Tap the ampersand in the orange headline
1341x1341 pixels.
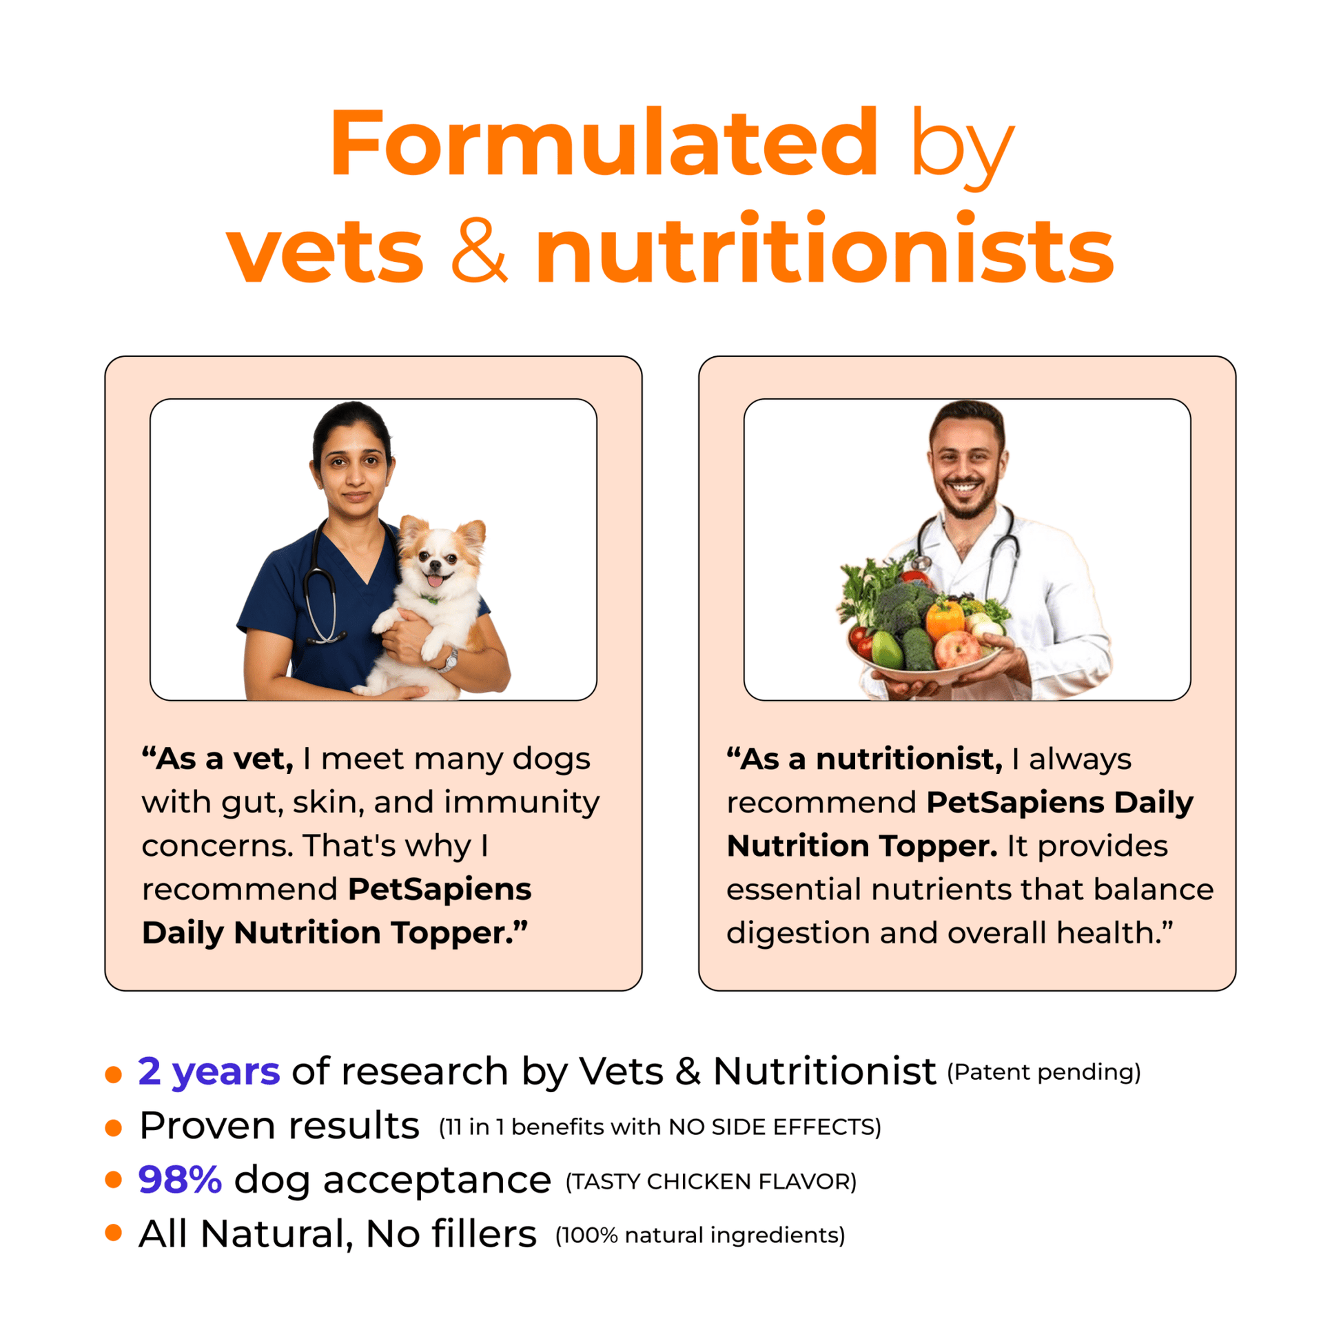pyautogui.click(x=480, y=250)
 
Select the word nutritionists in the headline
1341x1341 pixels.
pyautogui.click(x=825, y=248)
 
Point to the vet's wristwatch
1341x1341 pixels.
pyautogui.click(x=449, y=660)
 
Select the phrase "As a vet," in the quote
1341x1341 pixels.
pyautogui.click(x=218, y=759)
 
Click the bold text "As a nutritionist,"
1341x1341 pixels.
pyautogui.click(x=865, y=759)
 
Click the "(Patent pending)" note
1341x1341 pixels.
pyautogui.click(x=1044, y=1072)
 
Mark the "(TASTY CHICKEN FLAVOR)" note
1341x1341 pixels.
pyautogui.click(x=711, y=1181)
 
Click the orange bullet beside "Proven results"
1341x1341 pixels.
pyautogui.click(x=113, y=1128)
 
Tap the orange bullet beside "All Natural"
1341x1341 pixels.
pyautogui.click(x=113, y=1233)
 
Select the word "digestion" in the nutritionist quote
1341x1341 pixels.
pyautogui.click(x=797, y=934)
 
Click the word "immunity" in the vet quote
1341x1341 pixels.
pyautogui.click(x=522, y=803)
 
